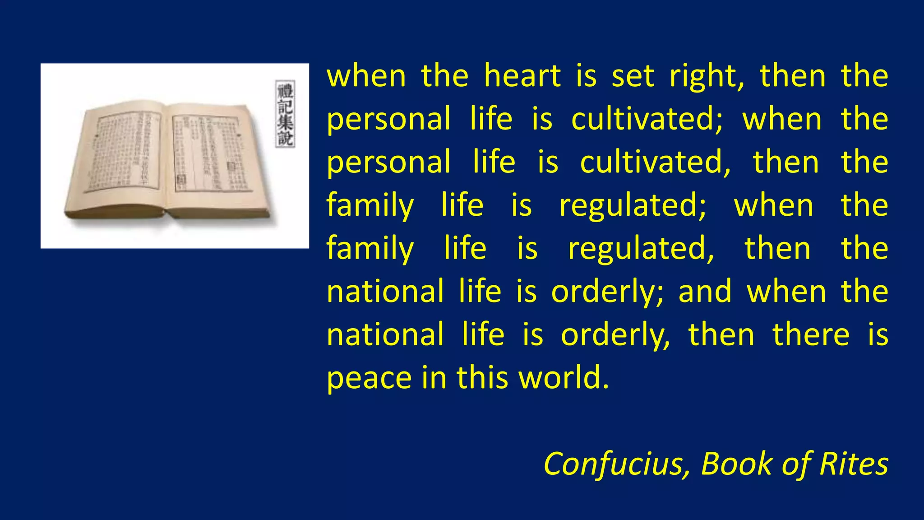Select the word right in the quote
pyautogui.click(x=706, y=77)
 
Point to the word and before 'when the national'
pyautogui.click(x=705, y=292)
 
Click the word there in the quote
pyautogui.click(x=811, y=335)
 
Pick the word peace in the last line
pyautogui.click(x=369, y=378)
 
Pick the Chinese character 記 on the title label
pyautogui.click(x=285, y=107)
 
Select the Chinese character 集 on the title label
pyautogui.click(x=285, y=122)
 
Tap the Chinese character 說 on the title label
pyautogui.click(x=285, y=138)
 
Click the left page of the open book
pyautogui.click(x=122, y=153)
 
